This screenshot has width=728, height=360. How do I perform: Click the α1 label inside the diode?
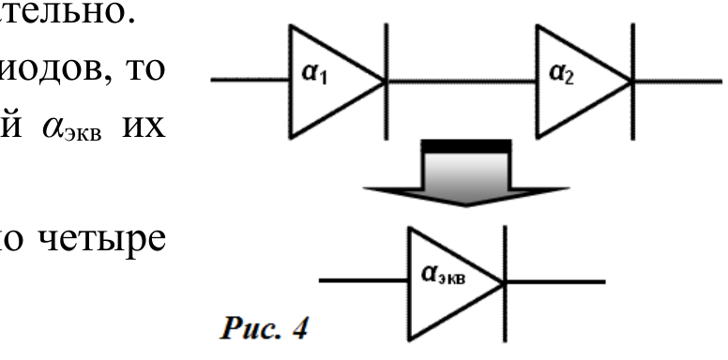click(x=314, y=74)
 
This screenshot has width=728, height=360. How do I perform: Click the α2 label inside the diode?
click(x=561, y=74)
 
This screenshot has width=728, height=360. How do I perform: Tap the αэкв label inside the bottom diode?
click(x=443, y=275)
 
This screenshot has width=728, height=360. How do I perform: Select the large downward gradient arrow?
click(x=466, y=172)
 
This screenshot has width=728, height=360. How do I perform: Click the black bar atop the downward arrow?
click(x=466, y=146)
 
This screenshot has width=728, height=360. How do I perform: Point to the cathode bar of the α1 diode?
click(x=387, y=82)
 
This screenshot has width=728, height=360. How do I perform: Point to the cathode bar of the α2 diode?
click(x=633, y=82)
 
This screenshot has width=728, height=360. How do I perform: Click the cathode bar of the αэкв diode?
click(x=505, y=283)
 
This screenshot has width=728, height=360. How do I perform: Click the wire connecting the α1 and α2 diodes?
click(x=462, y=82)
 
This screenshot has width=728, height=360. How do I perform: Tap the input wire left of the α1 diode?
click(x=250, y=80)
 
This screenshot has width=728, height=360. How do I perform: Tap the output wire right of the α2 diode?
click(x=678, y=82)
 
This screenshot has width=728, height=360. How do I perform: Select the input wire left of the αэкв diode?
click(x=364, y=280)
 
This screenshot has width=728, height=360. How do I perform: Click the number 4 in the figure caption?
click(x=300, y=328)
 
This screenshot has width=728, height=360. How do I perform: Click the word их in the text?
click(x=144, y=127)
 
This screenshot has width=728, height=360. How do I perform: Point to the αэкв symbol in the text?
click(x=71, y=128)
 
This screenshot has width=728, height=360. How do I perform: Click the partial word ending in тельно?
click(x=68, y=13)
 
